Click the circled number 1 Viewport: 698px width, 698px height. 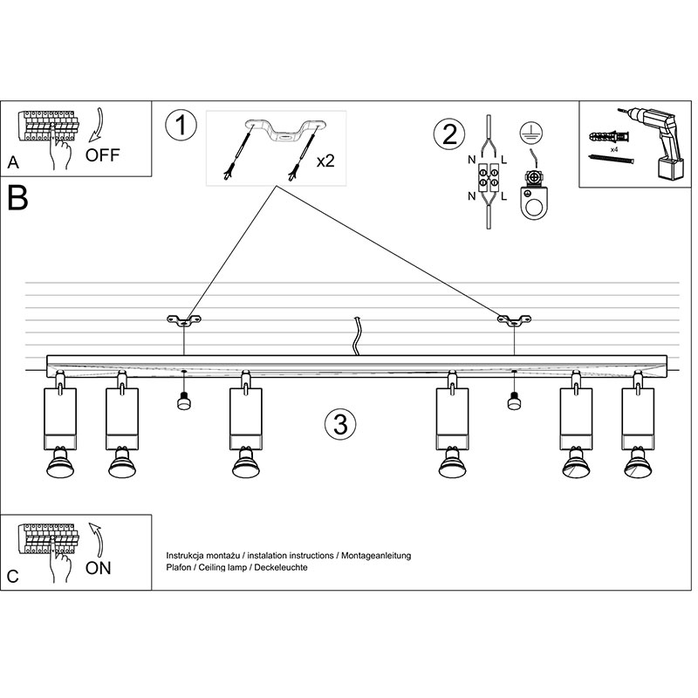181,127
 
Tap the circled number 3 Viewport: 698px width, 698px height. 339,425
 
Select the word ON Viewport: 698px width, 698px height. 99,569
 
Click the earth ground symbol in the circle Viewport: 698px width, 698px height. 526,133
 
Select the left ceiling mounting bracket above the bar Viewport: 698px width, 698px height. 183,321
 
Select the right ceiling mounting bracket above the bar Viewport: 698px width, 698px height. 514,321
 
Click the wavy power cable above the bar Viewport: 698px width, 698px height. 356,337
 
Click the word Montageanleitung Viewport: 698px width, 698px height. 373,555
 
